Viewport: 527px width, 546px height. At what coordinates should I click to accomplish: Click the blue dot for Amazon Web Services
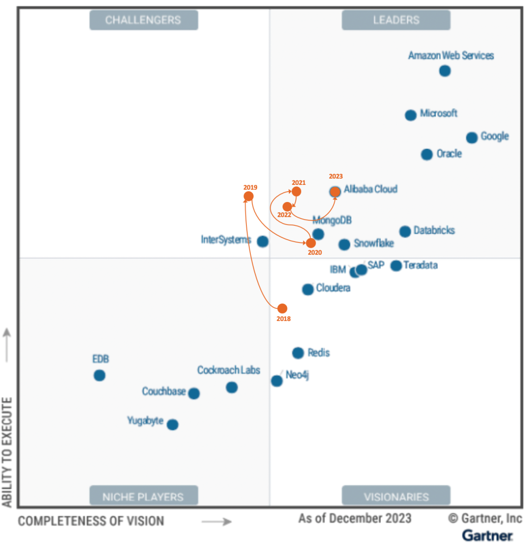tap(445, 71)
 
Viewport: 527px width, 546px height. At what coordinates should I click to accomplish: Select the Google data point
tap(471, 138)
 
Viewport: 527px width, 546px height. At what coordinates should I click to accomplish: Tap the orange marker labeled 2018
tap(282, 308)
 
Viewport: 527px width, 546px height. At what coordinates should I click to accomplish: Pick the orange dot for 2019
tap(248, 196)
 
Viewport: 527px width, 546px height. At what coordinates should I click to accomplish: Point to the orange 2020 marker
tap(311, 243)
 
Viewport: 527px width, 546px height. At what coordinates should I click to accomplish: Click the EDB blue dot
tap(100, 376)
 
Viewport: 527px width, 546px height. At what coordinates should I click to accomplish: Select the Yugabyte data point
tap(172, 425)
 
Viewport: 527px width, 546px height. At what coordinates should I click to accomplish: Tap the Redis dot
tap(298, 353)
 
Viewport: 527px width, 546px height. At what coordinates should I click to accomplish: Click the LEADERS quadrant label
tap(396, 20)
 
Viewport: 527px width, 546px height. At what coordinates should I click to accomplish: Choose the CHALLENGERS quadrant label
tap(143, 20)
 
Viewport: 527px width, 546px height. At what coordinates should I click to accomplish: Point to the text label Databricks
tap(434, 230)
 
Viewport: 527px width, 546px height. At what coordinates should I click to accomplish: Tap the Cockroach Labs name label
tap(228, 370)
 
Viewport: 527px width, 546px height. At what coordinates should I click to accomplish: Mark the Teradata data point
tap(396, 266)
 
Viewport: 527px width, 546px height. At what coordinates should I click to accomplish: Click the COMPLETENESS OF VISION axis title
tap(91, 521)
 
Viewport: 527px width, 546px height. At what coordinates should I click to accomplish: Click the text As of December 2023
tap(355, 518)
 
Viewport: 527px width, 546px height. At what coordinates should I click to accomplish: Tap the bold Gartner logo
tap(487, 535)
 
